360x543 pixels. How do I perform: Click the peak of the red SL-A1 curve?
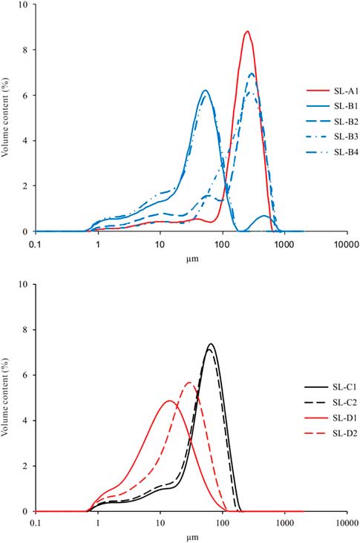247,31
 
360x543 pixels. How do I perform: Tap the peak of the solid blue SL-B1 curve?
205,90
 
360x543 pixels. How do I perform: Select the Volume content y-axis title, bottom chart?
7,398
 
